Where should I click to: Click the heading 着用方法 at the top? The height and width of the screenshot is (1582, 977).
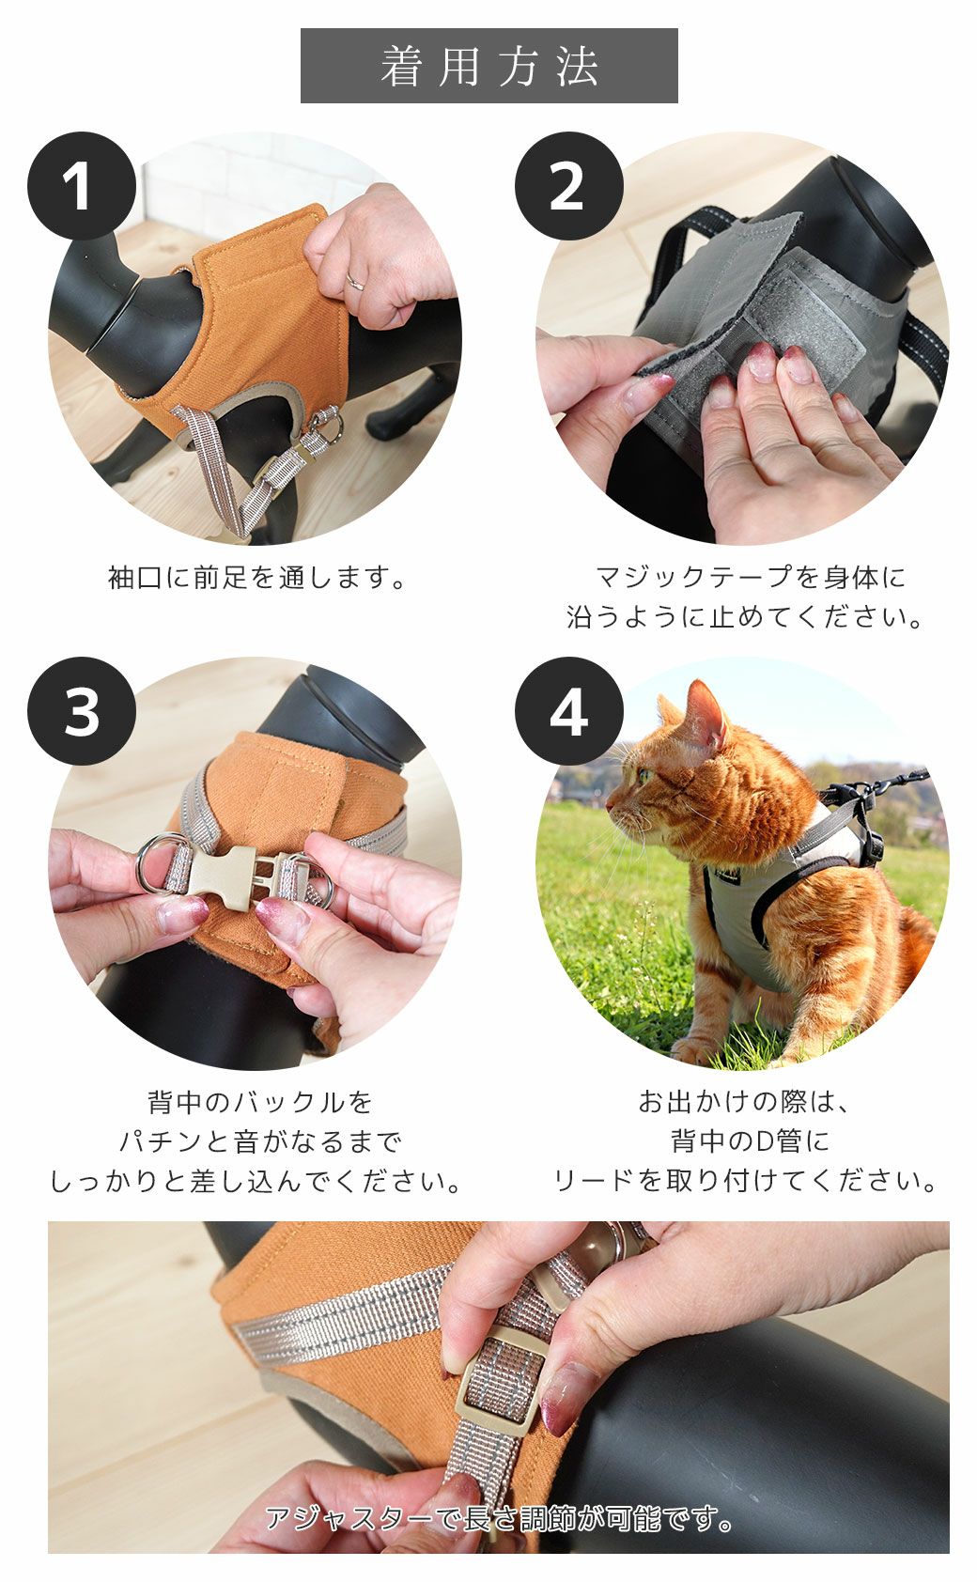pos(488,66)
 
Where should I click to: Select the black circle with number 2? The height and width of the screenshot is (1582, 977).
pos(568,187)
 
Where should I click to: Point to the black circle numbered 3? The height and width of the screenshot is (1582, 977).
pos(82,711)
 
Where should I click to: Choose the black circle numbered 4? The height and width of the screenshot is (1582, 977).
pos(568,711)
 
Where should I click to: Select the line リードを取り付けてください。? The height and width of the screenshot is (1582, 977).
pos(747,1181)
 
